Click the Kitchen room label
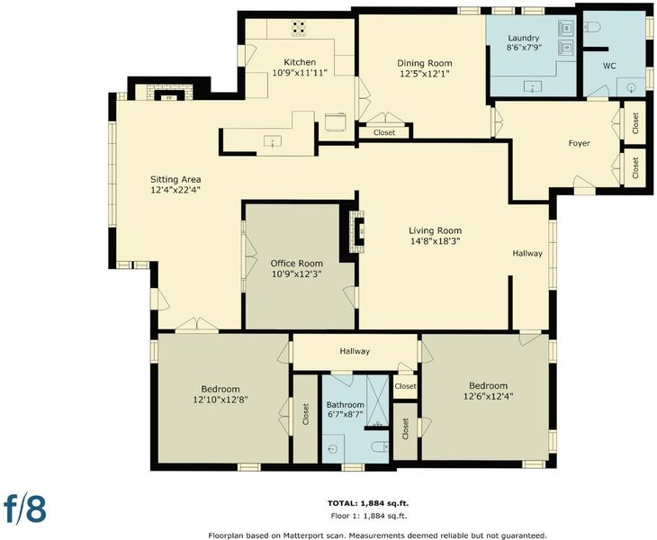(300, 62)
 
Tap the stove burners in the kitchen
(299, 29)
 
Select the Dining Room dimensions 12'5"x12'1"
(425, 74)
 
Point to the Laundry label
(523, 38)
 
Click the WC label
(609, 66)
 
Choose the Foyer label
(579, 143)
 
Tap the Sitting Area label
(175, 179)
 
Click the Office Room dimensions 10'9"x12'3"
(296, 274)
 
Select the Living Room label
(435, 230)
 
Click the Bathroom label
(346, 405)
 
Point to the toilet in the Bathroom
(380, 446)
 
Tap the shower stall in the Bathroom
(378, 401)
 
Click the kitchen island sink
(273, 141)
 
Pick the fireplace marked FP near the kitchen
(169, 98)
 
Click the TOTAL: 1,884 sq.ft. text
(368, 503)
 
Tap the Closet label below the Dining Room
(383, 132)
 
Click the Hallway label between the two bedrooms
(355, 351)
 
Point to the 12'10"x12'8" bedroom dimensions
(220, 400)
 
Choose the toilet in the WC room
(592, 27)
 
